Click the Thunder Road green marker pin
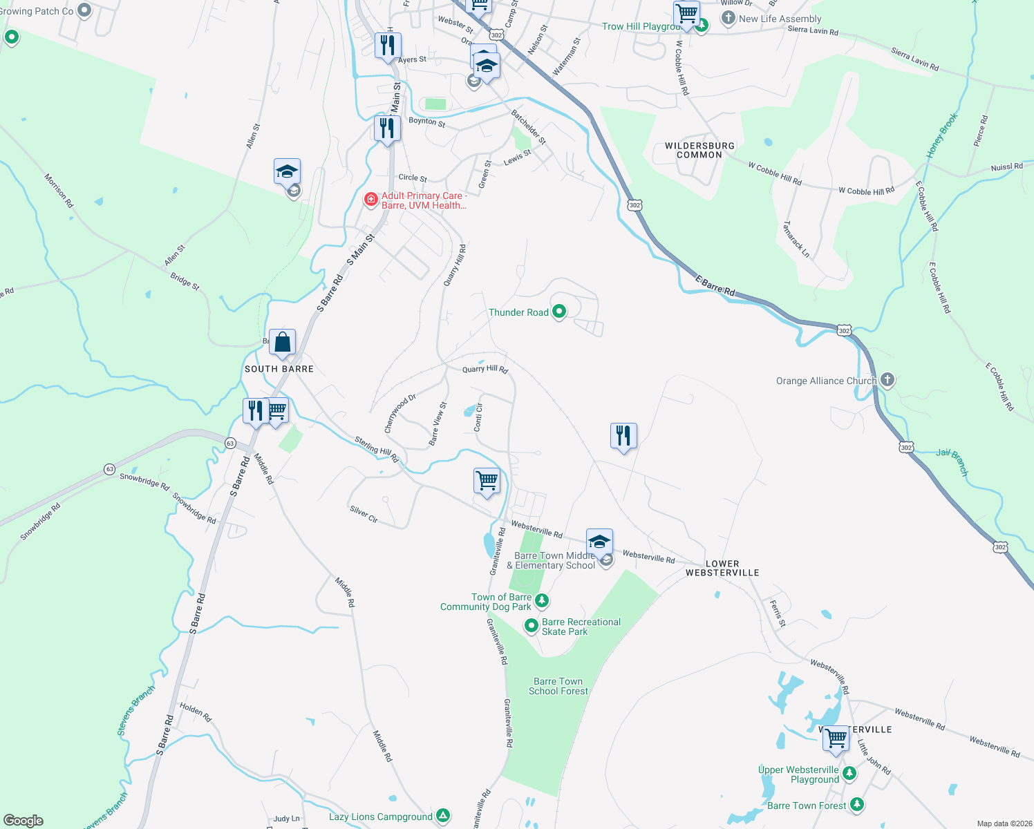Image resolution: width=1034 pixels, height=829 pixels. click(559, 312)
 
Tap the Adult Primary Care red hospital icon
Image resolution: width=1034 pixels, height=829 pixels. click(371, 200)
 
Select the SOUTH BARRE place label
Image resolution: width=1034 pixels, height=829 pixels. click(279, 369)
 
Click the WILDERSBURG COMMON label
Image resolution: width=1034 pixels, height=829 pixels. click(699, 150)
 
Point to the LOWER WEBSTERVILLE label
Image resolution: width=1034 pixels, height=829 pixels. click(722, 568)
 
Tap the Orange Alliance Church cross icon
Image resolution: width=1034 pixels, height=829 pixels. click(887, 380)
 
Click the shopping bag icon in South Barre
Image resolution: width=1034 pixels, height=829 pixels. click(283, 342)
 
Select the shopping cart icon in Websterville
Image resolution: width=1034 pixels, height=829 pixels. click(836, 738)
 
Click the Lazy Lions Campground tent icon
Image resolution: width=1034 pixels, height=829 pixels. click(443, 816)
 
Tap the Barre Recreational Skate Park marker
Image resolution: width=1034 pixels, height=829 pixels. click(531, 626)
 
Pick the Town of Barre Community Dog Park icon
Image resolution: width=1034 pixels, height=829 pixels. click(542, 601)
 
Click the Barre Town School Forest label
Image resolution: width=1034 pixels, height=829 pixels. click(558, 686)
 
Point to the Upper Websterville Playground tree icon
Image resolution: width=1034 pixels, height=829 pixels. click(849, 774)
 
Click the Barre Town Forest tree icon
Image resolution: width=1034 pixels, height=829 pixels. click(857, 805)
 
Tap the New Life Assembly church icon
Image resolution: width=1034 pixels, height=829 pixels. click(728, 19)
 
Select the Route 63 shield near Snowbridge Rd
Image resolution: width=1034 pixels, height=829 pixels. click(110, 469)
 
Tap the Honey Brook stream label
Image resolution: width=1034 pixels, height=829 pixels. click(942, 135)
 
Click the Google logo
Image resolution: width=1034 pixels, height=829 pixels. click(23, 821)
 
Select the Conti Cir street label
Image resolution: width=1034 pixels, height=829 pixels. click(478, 418)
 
